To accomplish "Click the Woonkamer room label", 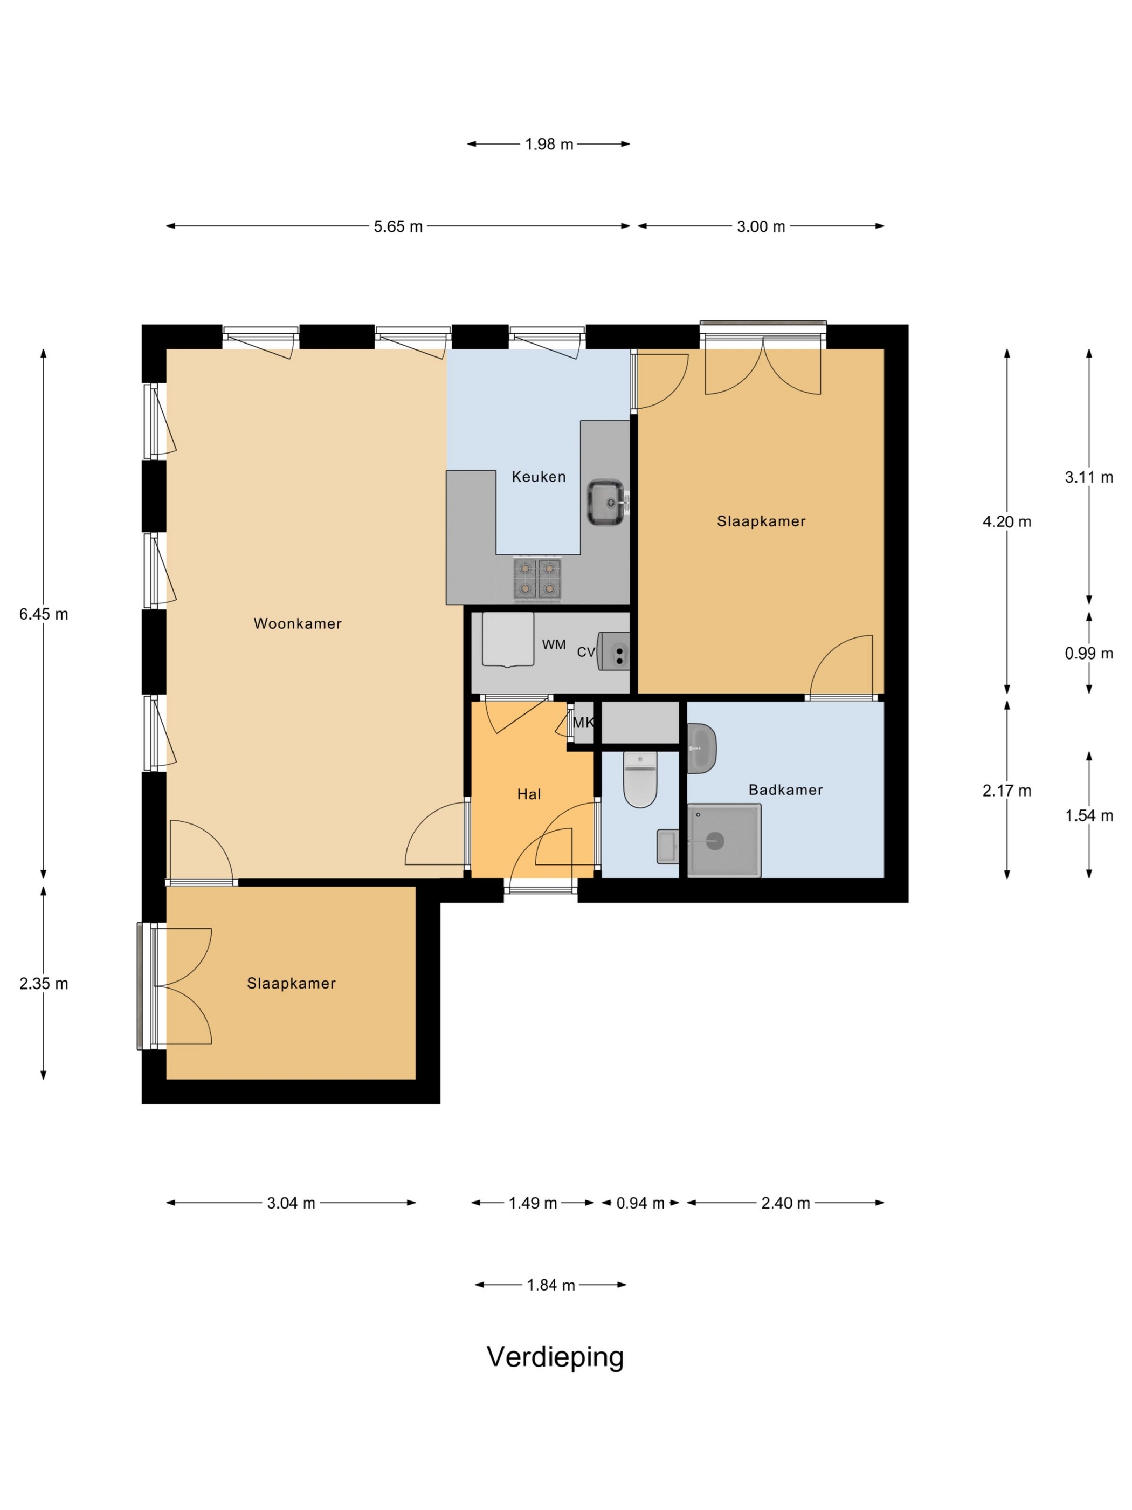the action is point(298,623).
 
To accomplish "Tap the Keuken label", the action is point(539,477).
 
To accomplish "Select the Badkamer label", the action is point(785,790).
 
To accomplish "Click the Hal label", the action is point(529,794).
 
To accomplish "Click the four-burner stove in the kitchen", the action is point(537,580).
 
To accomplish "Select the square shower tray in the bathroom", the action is point(724,840).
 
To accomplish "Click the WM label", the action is point(554,644).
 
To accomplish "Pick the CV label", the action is point(586,652).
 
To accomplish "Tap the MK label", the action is point(583,722).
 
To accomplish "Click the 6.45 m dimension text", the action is point(44,614).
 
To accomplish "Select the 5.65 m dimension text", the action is point(398,226).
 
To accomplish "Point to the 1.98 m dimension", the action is point(549,144).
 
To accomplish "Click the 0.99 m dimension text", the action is point(1088,653).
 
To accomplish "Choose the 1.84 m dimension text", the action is point(551,1285).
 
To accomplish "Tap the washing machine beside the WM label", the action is point(508,639).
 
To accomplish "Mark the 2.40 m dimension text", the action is point(785,1203).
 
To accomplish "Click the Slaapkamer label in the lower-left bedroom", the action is point(292,983).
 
